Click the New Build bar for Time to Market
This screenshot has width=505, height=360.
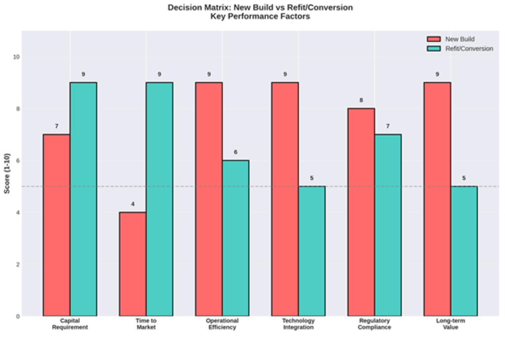point(133,264)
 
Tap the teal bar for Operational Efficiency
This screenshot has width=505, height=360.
point(236,238)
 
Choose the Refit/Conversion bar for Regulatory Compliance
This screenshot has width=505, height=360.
point(388,225)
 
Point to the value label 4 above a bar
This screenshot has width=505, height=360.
point(133,204)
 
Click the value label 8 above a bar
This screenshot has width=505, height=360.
point(361,100)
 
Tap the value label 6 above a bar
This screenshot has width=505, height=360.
point(236,152)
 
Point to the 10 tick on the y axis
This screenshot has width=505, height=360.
point(16,57)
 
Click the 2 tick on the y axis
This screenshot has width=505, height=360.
point(18,264)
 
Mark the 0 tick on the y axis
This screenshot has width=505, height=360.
point(18,316)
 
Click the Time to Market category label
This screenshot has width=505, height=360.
point(146,324)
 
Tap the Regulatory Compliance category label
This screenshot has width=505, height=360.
point(374,324)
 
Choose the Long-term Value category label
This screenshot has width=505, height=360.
point(450,324)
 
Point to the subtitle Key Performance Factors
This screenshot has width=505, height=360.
point(260,16)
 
